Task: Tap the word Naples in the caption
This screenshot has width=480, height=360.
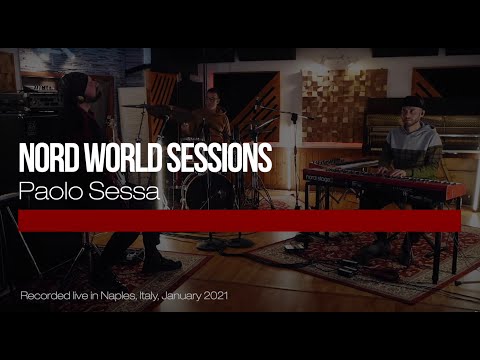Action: [119, 298]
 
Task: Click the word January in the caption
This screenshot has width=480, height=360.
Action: [190, 298]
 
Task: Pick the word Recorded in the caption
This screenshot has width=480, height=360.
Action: [43, 298]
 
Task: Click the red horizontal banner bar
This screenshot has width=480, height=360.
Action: [240, 221]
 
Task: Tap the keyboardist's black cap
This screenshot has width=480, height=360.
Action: [413, 102]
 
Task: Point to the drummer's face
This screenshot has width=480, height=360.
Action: [212, 99]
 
